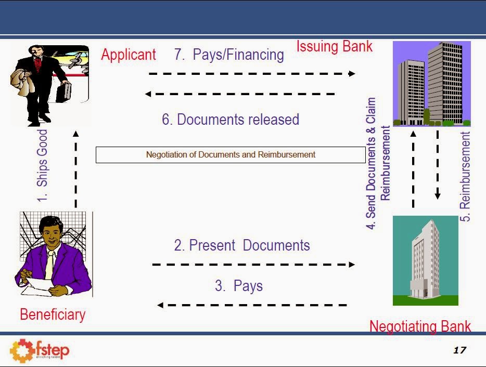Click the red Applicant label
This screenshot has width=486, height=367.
pyautogui.click(x=129, y=55)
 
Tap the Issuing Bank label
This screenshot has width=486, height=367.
pyautogui.click(x=334, y=46)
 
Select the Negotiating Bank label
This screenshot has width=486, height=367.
pyautogui.click(x=420, y=326)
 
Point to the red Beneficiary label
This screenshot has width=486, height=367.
pyautogui.click(x=53, y=314)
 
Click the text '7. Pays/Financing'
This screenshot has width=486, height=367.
pyautogui.click(x=229, y=55)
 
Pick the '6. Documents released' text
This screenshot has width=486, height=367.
pyautogui.click(x=231, y=120)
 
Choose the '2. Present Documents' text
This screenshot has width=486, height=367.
pyautogui.click(x=242, y=245)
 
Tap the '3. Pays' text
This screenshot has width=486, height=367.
pyautogui.click(x=239, y=285)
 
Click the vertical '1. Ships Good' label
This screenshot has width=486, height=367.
pyautogui.click(x=42, y=165)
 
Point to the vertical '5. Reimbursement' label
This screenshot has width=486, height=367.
pyautogui.click(x=466, y=177)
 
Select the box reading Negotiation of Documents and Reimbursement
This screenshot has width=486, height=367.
pyautogui.click(x=231, y=154)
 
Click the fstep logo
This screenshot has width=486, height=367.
pyautogui.click(x=40, y=350)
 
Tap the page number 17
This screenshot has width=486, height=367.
pyautogui.click(x=459, y=350)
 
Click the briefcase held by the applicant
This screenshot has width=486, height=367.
pyautogui.click(x=65, y=92)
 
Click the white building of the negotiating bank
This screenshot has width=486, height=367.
pyautogui.click(x=425, y=260)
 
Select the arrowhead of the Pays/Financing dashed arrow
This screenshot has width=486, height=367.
pyautogui.click(x=352, y=74)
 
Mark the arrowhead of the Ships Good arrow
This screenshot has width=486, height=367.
pyautogui.click(x=75, y=134)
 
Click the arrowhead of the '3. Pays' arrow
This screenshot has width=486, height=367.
pyautogui.click(x=160, y=305)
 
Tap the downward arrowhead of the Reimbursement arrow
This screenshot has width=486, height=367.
pyautogui.click(x=438, y=196)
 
